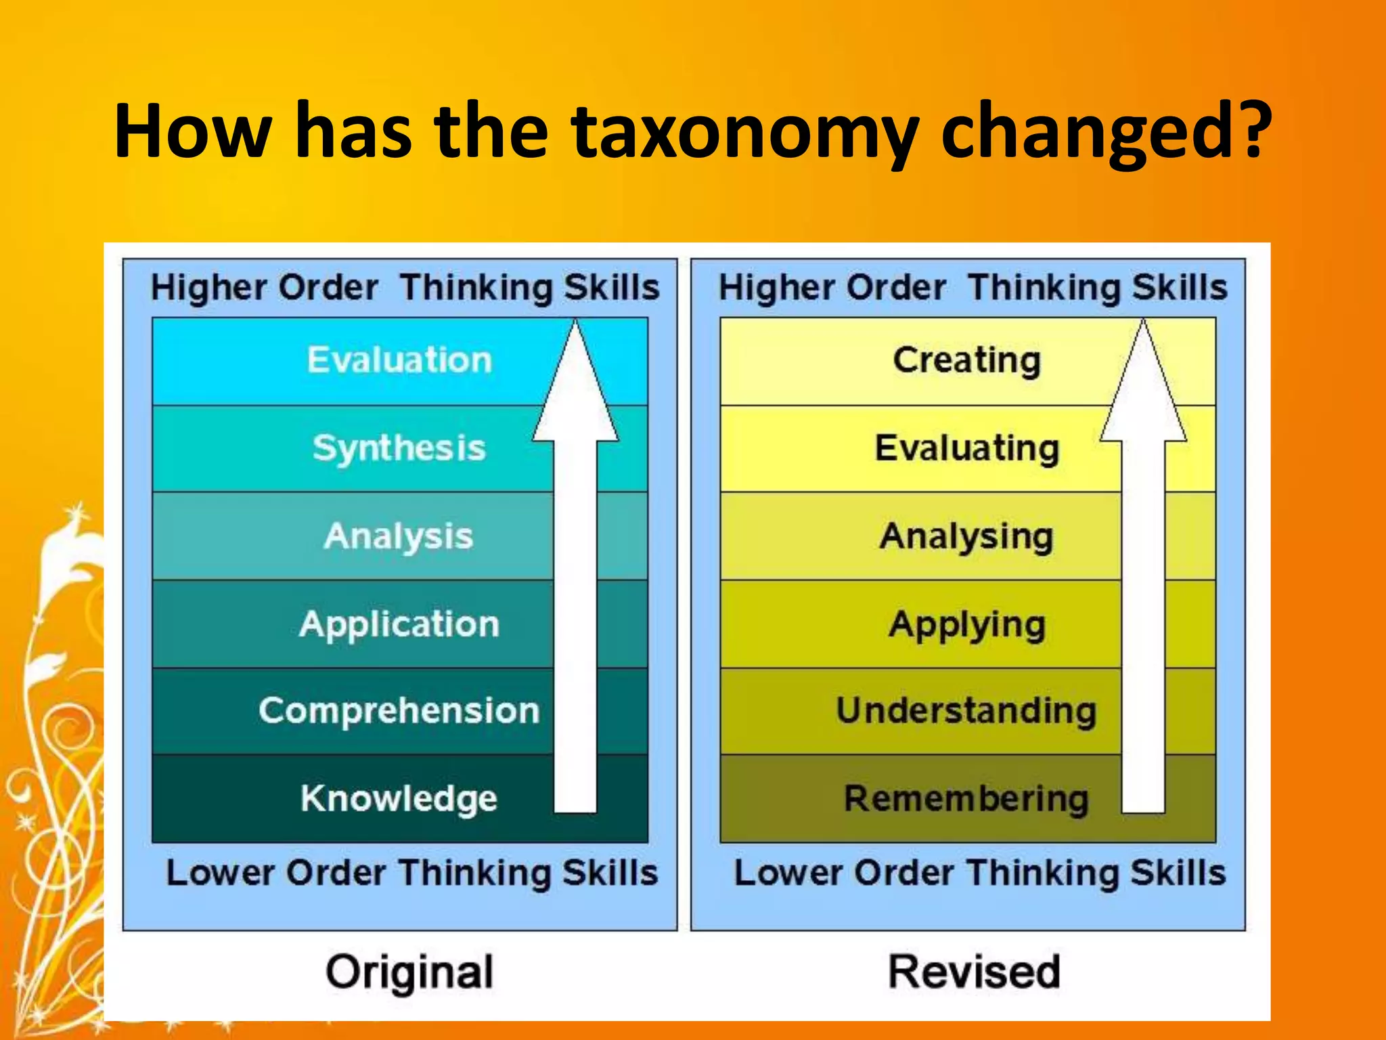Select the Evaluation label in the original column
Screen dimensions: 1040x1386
[399, 360]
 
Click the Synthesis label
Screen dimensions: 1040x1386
[399, 448]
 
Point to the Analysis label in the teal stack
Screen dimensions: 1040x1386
[399, 536]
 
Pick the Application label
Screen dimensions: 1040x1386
[399, 624]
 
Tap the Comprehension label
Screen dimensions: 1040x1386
[399, 711]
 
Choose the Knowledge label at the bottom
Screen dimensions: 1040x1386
[399, 798]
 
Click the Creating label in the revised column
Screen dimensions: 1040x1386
[966, 360]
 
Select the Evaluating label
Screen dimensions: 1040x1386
[966, 448]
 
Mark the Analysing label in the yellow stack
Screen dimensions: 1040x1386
[966, 536]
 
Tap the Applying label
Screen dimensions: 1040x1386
[966, 624]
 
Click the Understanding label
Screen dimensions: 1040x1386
[966, 711]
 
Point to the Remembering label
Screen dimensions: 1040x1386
[966, 798]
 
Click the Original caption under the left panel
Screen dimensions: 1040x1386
[409, 972]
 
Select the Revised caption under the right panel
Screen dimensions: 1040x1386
[974, 972]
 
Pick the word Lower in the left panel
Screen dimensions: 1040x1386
[220, 873]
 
